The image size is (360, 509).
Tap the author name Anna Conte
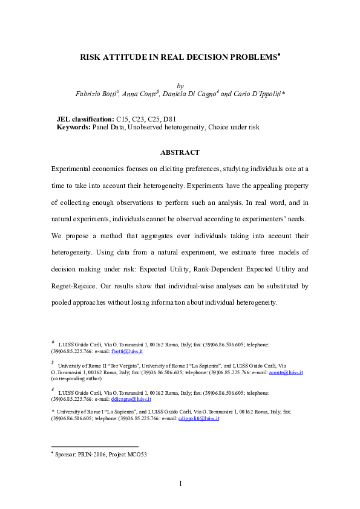139,94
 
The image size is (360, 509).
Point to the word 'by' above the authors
180,86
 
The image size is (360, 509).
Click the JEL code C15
122,119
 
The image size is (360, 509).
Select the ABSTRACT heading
180,152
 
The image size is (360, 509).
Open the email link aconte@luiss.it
287,372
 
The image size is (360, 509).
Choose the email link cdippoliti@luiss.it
198,418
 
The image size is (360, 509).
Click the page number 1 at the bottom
180,484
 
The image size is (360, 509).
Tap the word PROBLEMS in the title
252,57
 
